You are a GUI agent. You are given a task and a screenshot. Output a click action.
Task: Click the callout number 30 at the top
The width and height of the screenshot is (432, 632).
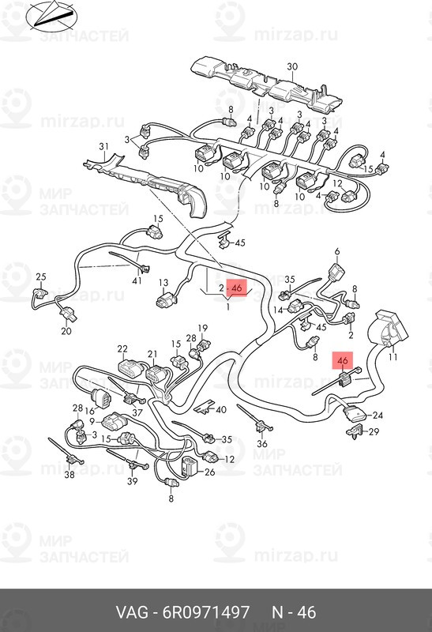click(x=292, y=66)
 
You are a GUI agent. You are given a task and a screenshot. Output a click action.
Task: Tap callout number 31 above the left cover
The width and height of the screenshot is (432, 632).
click(x=104, y=146)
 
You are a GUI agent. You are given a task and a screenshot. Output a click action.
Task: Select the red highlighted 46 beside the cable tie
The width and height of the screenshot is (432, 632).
click(x=343, y=360)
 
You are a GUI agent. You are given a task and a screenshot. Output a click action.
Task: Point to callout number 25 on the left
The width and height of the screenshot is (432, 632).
click(x=41, y=277)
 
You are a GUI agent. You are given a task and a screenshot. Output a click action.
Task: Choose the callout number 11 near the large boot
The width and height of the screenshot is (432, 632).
click(x=393, y=357)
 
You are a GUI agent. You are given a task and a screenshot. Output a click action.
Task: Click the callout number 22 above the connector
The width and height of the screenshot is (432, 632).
click(x=122, y=348)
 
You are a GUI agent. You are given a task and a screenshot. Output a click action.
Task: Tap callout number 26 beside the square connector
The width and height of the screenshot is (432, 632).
click(x=209, y=471)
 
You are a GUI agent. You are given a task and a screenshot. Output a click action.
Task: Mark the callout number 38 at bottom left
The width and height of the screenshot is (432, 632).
click(x=69, y=475)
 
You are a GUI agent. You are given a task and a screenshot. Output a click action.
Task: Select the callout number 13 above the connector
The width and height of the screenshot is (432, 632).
click(x=163, y=283)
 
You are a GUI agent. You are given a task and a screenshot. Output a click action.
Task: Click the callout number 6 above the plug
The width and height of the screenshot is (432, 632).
click(x=337, y=252)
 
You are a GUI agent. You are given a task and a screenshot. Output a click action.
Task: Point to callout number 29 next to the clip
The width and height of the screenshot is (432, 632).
click(x=374, y=431)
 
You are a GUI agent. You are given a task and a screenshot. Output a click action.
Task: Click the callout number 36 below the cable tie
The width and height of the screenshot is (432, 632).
click(x=262, y=444)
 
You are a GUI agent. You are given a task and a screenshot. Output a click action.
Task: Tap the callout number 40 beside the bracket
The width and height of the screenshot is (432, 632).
click(x=221, y=410)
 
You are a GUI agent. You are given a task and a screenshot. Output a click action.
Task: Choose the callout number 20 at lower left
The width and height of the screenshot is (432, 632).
click(x=66, y=331)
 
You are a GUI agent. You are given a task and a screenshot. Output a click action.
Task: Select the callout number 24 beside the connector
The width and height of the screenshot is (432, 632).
click(x=378, y=416)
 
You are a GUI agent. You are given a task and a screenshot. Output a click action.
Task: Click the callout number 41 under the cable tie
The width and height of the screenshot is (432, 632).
click(x=137, y=280)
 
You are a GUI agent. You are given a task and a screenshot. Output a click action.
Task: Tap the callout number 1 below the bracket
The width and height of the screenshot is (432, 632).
click(x=227, y=307)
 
